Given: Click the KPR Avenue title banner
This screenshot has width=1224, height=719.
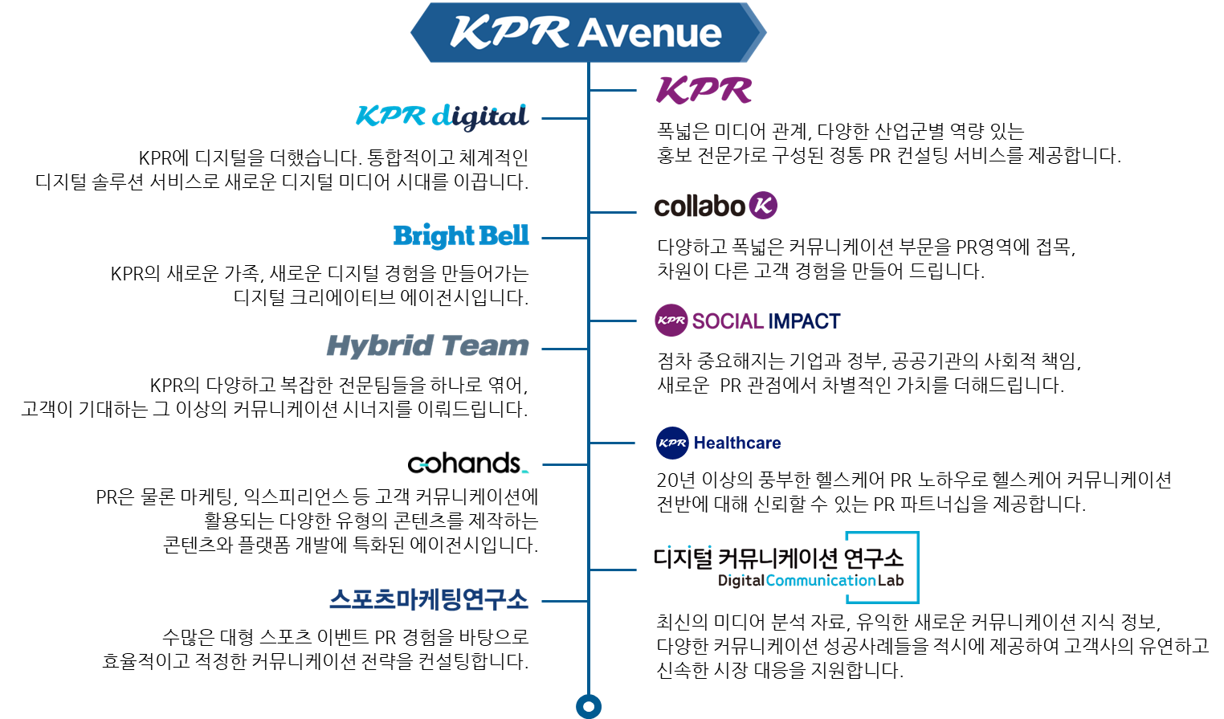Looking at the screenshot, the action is [x=589, y=32].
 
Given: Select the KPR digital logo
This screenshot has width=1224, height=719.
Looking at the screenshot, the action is [x=442, y=117].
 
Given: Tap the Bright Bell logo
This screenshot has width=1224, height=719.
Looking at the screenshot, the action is [x=461, y=236].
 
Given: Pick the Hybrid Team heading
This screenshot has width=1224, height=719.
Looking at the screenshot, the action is [x=428, y=347].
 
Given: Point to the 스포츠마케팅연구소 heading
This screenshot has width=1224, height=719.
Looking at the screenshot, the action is [x=429, y=599].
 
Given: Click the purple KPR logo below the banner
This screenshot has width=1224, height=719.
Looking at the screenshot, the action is [x=704, y=90].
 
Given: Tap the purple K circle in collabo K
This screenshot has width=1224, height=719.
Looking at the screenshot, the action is [x=763, y=206].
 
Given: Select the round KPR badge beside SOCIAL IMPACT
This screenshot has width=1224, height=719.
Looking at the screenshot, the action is [x=671, y=321].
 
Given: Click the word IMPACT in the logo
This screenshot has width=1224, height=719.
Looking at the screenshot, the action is [x=803, y=321].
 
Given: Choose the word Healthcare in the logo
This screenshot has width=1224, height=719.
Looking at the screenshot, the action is [x=737, y=443].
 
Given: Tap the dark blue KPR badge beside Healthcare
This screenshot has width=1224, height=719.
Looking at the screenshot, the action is [x=672, y=443].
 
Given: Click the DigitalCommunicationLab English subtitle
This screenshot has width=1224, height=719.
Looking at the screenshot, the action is [x=811, y=581].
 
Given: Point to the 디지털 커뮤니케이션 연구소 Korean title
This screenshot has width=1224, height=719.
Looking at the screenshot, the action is [x=779, y=558].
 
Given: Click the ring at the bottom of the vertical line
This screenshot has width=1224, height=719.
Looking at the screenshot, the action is [x=589, y=706].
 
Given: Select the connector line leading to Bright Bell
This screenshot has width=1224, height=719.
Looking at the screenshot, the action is [x=565, y=238].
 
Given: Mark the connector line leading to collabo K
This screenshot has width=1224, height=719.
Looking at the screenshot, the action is [x=613, y=212].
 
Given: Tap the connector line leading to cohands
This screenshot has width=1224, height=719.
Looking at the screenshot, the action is [x=565, y=465].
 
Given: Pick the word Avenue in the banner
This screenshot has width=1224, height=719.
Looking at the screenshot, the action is [x=650, y=34].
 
